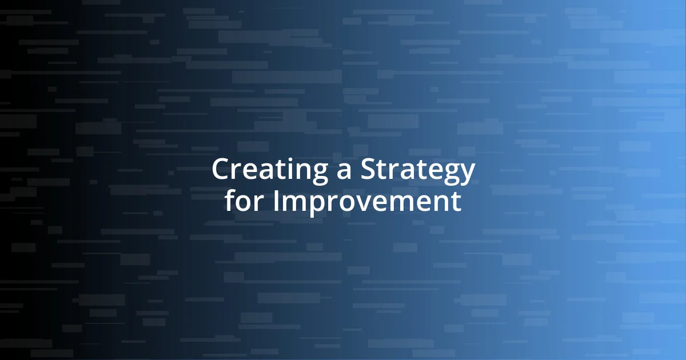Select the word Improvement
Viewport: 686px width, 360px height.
[366, 201]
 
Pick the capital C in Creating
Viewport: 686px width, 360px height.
[221, 170]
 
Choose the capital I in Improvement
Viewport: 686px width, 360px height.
[276, 201]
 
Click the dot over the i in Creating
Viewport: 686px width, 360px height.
[287, 160]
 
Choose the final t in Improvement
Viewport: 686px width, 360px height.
[457, 202]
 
